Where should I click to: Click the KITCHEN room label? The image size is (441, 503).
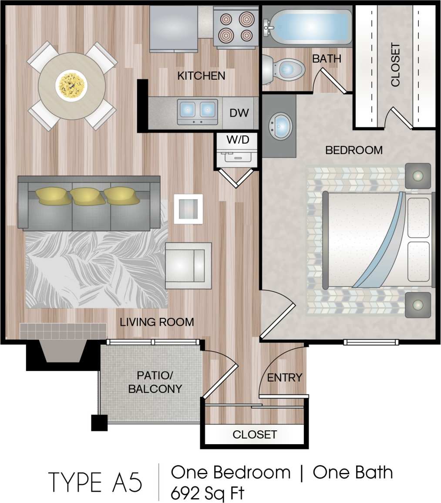(x=201, y=76)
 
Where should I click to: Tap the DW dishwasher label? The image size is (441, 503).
(x=239, y=113)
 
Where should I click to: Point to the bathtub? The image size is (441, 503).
(x=307, y=26)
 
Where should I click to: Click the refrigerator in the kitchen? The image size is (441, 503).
(x=174, y=28)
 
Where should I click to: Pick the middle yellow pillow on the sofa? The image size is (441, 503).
(x=88, y=196)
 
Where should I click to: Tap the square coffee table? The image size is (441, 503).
(x=188, y=209)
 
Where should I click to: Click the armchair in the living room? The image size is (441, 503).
(x=188, y=265)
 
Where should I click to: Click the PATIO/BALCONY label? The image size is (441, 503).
(x=155, y=382)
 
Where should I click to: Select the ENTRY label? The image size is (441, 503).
(x=284, y=378)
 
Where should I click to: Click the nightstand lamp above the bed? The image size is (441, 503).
(x=418, y=176)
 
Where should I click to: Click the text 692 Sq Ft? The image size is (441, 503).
(x=207, y=493)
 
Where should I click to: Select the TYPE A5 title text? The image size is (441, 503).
(x=95, y=482)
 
